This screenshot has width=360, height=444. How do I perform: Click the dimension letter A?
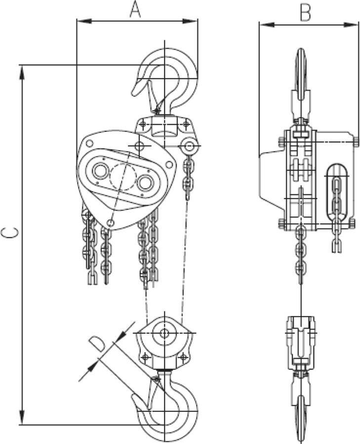point(135,10)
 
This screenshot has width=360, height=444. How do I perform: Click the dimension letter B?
point(306,13)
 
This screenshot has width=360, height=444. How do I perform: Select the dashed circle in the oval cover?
point(123,177)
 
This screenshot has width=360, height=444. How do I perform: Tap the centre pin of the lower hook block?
point(163,334)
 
